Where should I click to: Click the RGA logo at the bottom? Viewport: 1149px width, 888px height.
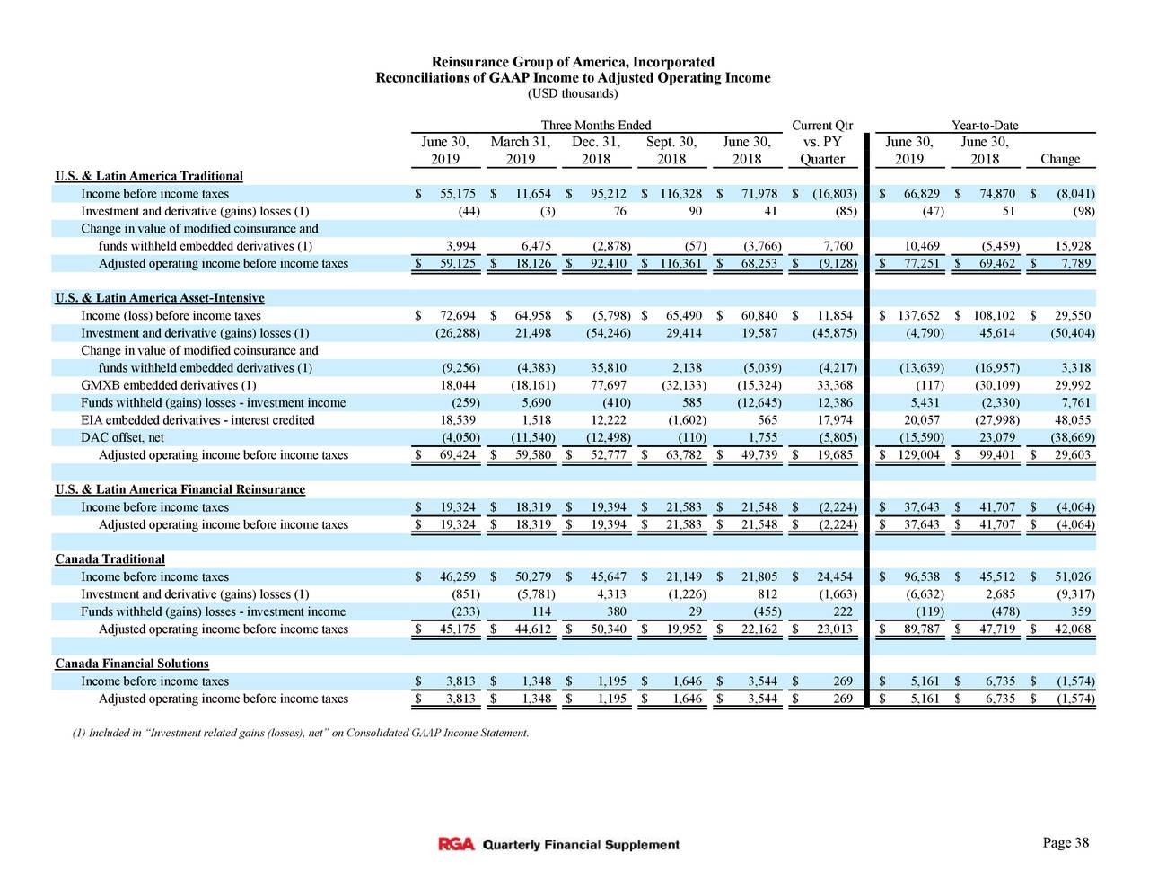[x=456, y=845]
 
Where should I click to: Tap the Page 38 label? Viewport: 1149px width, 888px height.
[x=1066, y=842]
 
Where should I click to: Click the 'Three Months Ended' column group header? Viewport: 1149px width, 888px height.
[x=595, y=125]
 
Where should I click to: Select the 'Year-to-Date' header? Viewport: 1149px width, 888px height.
[x=984, y=125]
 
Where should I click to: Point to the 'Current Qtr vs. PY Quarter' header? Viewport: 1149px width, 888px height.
[x=822, y=142]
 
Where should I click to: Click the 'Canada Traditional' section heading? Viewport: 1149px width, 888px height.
[x=110, y=559]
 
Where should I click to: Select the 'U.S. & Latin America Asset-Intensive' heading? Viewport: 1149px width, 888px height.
[x=159, y=298]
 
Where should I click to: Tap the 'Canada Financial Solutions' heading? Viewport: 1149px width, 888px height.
[x=131, y=664]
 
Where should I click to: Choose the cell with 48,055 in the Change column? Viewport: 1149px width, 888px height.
[x=1072, y=420]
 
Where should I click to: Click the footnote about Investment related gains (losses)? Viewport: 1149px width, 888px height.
[x=300, y=734]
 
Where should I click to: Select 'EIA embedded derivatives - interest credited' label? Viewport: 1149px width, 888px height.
[x=197, y=420]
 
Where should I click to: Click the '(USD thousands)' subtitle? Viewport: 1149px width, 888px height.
[x=573, y=93]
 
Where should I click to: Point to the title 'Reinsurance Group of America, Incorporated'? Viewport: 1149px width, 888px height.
[x=573, y=62]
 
